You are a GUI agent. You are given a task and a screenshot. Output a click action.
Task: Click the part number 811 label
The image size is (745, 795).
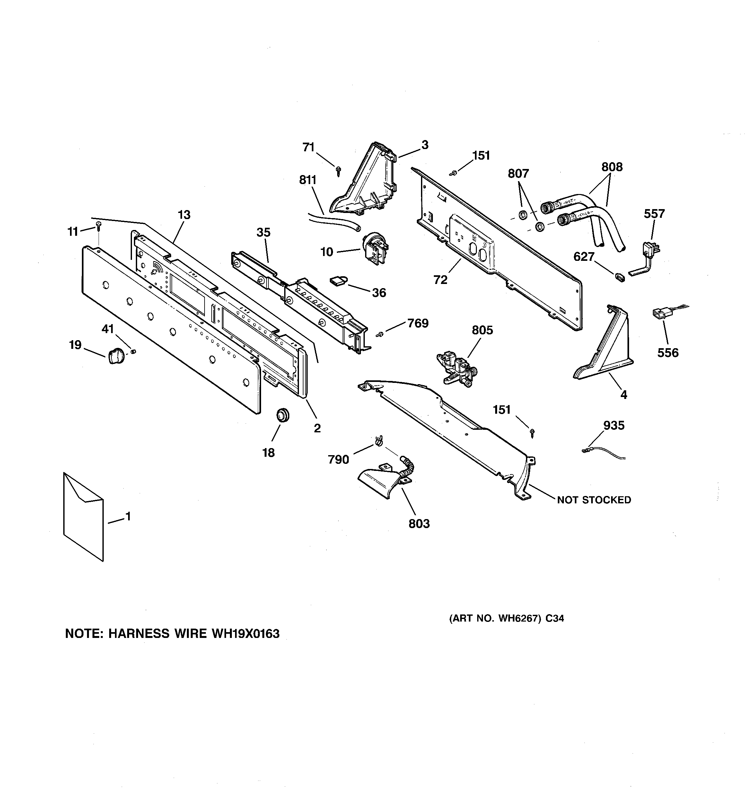[x=308, y=180]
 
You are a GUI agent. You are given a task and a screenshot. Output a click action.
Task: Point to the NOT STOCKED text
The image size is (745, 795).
[x=594, y=500]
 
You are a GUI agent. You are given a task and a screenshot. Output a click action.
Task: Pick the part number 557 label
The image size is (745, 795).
[x=654, y=214]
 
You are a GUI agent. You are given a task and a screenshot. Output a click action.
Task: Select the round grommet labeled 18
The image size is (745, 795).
[x=283, y=414]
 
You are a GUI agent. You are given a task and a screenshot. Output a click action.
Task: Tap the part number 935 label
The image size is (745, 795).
[x=613, y=426]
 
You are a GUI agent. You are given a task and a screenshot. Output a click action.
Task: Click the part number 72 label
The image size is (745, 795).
[x=440, y=280]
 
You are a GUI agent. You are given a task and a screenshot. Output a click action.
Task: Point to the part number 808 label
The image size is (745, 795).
[x=612, y=167]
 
